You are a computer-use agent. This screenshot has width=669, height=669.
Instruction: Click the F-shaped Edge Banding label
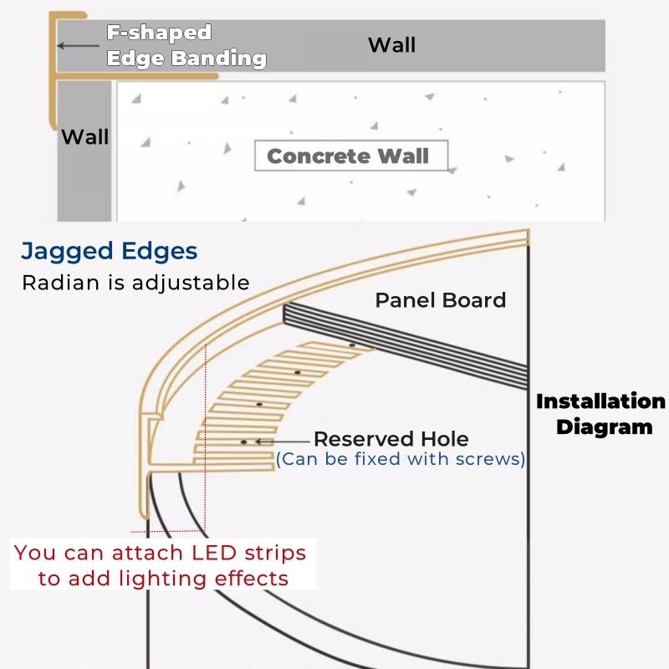(x=186, y=46)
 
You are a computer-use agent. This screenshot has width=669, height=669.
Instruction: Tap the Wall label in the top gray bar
(x=391, y=44)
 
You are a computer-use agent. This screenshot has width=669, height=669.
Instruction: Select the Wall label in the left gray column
(x=84, y=135)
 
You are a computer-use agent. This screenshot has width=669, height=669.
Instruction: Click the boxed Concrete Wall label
(x=348, y=156)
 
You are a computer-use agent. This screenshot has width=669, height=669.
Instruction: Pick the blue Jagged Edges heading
(x=110, y=251)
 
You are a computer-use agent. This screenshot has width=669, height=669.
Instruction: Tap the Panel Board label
(x=440, y=300)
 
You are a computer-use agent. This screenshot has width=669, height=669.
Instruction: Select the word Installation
(x=600, y=401)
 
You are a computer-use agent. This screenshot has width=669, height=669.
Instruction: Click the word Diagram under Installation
(x=604, y=426)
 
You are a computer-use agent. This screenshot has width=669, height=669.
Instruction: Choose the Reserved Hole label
(x=391, y=439)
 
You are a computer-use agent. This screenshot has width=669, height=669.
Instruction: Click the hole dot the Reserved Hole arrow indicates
(x=243, y=441)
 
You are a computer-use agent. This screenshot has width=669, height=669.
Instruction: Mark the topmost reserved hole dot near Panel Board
(x=352, y=345)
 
